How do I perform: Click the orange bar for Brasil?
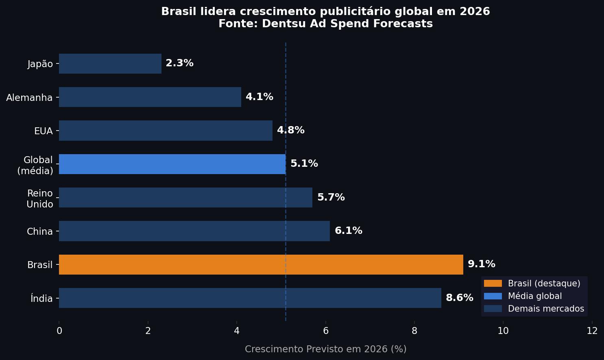point(261,264)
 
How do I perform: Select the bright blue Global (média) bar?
point(172,164)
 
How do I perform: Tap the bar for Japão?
point(110,63)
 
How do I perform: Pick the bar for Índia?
point(250,298)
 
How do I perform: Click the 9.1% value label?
point(481,264)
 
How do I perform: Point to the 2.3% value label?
point(179,63)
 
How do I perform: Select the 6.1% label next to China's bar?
point(348,231)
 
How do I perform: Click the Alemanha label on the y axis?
point(29,98)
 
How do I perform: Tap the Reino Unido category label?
point(39,199)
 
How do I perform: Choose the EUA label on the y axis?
point(43,131)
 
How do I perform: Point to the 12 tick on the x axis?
point(592,331)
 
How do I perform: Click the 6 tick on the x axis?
point(325,331)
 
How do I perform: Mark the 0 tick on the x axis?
point(59,331)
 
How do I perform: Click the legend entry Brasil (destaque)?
point(544,284)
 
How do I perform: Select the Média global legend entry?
point(534,296)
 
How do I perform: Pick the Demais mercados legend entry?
point(545,309)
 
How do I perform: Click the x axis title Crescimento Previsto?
point(325,349)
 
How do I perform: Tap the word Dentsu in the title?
point(284,24)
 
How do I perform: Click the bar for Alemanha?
point(150,97)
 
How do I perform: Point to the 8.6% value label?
point(459,298)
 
